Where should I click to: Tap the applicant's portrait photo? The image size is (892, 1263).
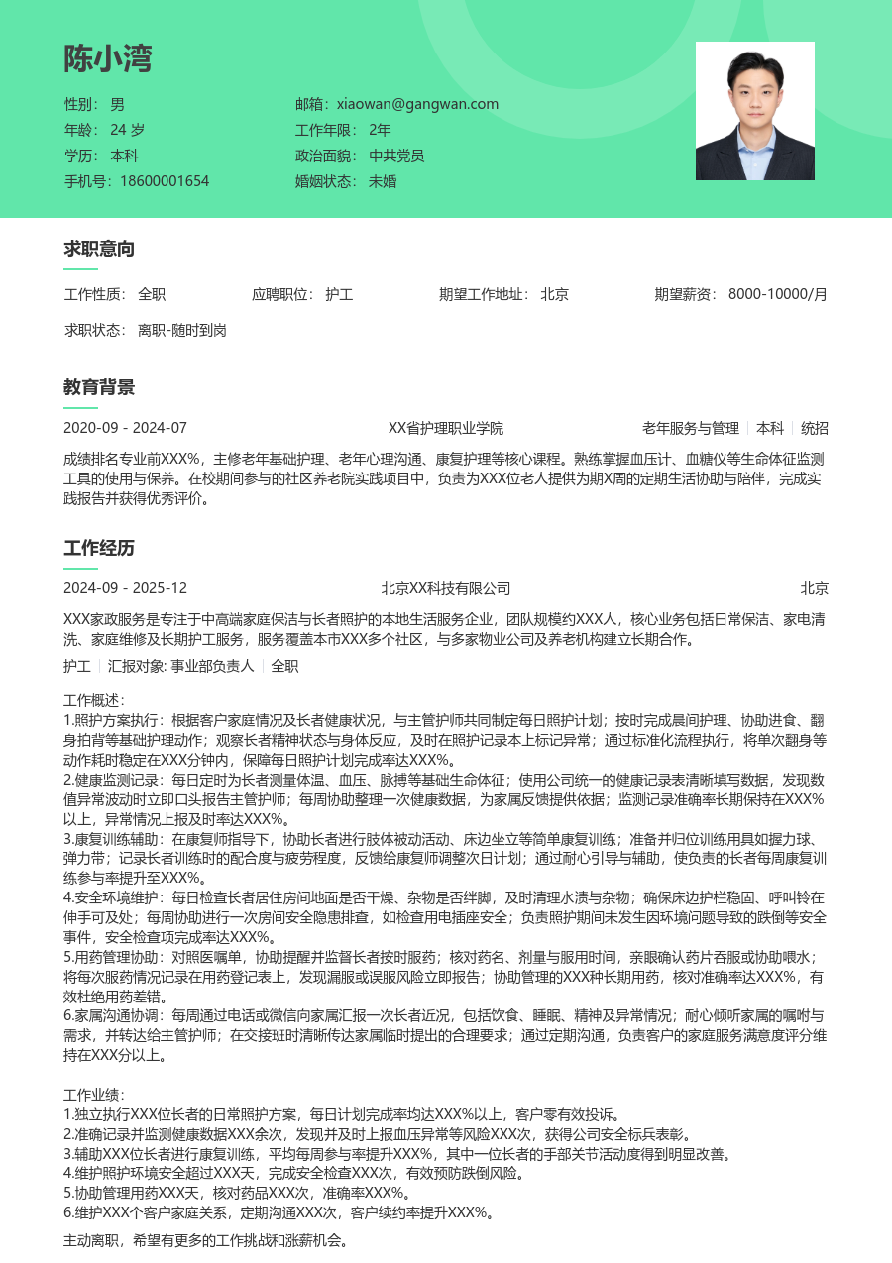(754, 111)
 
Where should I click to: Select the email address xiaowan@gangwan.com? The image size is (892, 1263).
(417, 104)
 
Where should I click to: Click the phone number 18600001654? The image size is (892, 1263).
(165, 181)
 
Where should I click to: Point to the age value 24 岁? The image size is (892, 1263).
(128, 130)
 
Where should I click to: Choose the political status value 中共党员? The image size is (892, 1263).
(396, 156)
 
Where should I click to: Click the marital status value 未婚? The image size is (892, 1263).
(383, 181)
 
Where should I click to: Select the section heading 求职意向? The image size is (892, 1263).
(99, 249)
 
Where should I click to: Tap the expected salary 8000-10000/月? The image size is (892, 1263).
(777, 294)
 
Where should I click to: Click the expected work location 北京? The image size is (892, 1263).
(554, 294)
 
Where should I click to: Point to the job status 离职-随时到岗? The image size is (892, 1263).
(182, 330)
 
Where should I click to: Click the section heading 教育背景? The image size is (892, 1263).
(99, 387)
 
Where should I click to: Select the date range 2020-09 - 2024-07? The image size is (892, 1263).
(125, 428)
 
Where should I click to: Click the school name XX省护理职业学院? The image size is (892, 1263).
(446, 428)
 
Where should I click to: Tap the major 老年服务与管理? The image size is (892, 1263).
(690, 428)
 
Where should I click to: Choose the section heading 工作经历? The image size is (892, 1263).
(99, 548)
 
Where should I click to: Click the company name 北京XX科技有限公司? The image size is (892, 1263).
(446, 588)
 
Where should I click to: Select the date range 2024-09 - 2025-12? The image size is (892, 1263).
(125, 588)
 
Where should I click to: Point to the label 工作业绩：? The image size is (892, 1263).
(93, 1095)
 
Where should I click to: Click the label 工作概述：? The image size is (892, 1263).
(93, 700)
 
